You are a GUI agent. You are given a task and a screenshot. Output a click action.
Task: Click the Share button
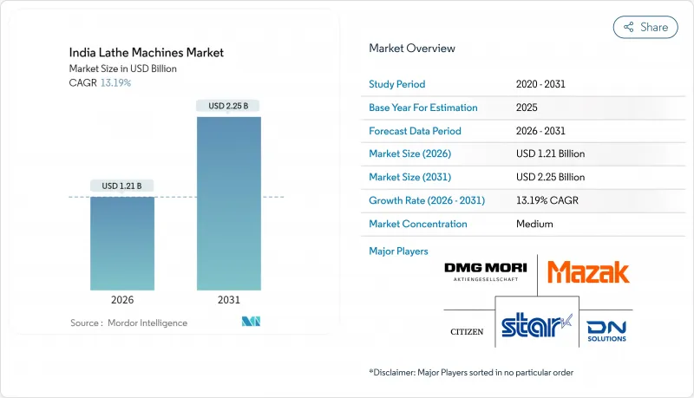tap(645, 27)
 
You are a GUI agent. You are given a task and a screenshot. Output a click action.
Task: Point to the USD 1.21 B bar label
tap(122, 186)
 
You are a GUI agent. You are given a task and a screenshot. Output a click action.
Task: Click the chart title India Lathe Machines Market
tap(147, 52)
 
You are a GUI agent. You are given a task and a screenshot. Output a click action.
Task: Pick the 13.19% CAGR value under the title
tap(115, 82)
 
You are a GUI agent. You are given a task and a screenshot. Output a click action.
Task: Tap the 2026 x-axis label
tap(122, 300)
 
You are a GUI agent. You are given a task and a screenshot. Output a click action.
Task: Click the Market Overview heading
tap(412, 48)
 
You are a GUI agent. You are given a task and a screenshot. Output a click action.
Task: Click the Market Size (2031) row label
tap(410, 177)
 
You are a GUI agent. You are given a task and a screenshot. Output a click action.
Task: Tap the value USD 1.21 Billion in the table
tap(550, 153)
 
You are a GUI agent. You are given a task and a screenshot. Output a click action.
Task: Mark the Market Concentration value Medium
tap(534, 224)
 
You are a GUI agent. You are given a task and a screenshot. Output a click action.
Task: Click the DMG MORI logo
tap(486, 271)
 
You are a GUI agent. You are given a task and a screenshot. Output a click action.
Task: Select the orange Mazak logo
tap(588, 271)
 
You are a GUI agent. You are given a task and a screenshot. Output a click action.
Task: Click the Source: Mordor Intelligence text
tap(128, 323)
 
